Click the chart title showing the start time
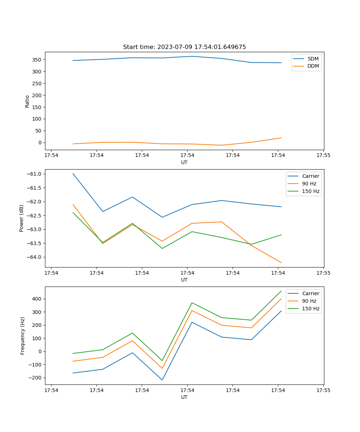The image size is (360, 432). [x=184, y=47]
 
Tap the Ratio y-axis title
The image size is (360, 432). [x=27, y=102]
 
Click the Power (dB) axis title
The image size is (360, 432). [x=22, y=218]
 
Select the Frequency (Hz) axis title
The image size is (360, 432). [x=23, y=336]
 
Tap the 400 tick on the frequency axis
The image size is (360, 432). [x=37, y=299]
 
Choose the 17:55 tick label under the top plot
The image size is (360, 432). [x=323, y=156]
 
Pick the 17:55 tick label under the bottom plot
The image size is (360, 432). [x=323, y=390]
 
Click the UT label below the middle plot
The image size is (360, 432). [x=184, y=280]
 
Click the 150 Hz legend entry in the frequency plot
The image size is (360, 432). [x=311, y=309]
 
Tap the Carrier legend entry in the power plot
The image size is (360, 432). [x=310, y=176]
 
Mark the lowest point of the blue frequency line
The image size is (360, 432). [x=162, y=380]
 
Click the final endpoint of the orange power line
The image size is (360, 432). [x=281, y=263]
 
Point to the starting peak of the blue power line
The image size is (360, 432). [x=73, y=174]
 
